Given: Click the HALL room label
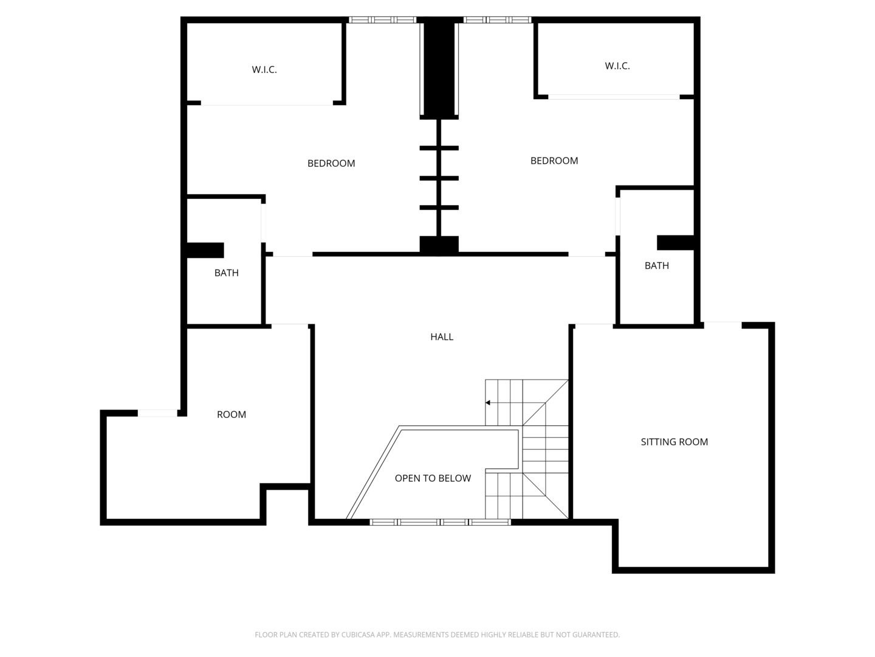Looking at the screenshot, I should [x=442, y=337].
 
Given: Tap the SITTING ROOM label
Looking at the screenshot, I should [x=674, y=442].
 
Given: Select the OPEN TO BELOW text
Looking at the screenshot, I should [x=433, y=478].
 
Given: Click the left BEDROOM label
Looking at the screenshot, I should [x=331, y=164].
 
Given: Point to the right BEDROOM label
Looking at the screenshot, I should [x=554, y=161].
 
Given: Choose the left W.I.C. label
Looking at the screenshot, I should [x=264, y=70].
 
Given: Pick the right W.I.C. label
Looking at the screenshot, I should [x=617, y=66].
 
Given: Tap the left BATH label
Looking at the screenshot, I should [x=226, y=273].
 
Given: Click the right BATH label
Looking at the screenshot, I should [x=656, y=266].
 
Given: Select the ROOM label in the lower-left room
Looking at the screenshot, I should [x=232, y=415].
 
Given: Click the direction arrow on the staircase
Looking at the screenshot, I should [x=488, y=403].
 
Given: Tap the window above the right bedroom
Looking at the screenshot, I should [x=497, y=20].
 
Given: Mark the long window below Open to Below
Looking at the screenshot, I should [x=440, y=522].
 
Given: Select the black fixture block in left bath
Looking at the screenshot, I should [x=205, y=250].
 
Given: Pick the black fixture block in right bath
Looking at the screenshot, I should [x=675, y=243].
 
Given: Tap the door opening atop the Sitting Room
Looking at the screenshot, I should [x=722, y=325].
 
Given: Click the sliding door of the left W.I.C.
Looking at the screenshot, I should [x=267, y=105].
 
